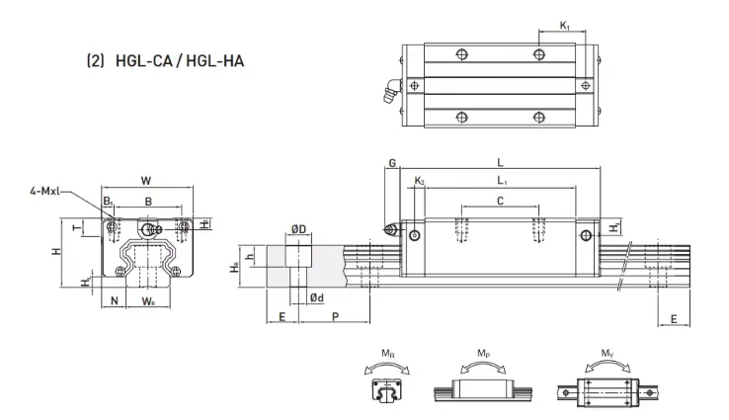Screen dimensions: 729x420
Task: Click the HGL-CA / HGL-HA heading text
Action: (x=180, y=61)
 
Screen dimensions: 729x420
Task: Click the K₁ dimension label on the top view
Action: (x=564, y=26)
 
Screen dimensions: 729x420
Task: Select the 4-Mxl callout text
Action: (x=44, y=191)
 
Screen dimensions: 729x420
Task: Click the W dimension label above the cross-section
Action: (x=146, y=181)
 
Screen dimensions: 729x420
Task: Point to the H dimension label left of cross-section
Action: (x=56, y=251)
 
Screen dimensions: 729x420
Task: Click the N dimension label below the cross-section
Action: (x=114, y=301)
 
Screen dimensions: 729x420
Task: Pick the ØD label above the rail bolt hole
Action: (x=299, y=229)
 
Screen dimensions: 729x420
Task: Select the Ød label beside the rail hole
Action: (x=317, y=297)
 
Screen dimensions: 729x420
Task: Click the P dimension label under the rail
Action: (x=335, y=317)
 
